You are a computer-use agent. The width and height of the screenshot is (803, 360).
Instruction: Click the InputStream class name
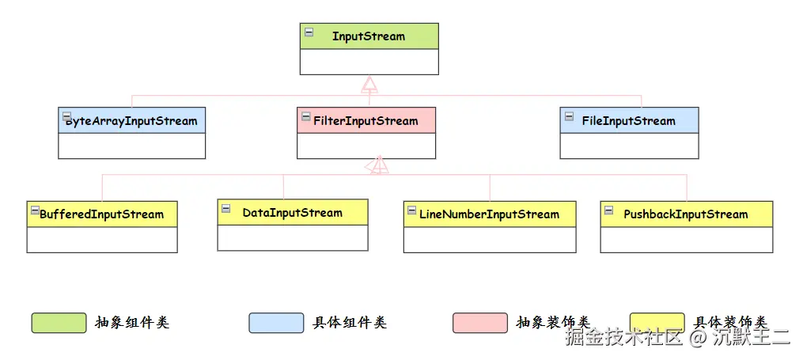coord(368,36)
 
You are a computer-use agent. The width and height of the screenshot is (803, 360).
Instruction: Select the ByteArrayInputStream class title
coord(131,121)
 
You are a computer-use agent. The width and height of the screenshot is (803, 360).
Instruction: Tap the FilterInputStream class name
coord(366,121)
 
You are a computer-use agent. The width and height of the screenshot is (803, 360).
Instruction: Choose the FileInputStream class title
coord(628,121)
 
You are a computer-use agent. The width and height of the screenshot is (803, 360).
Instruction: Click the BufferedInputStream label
coord(101,214)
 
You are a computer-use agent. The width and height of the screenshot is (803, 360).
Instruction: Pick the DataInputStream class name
coord(292,213)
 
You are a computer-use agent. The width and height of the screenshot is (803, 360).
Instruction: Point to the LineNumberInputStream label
coord(489,214)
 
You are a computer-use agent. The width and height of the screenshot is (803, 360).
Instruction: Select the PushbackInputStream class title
coord(685,214)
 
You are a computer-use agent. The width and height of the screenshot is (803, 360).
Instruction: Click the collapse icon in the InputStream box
coord(309,32)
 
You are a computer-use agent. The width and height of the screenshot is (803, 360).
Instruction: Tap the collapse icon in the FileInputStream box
coord(569,117)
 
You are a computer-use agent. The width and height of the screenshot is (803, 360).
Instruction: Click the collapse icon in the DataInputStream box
coord(226,209)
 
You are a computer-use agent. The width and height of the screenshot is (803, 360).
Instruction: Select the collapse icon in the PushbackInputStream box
coord(608,210)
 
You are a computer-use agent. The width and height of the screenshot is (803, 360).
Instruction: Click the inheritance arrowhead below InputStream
coord(369,85)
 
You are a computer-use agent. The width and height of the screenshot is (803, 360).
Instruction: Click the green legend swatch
coord(59,323)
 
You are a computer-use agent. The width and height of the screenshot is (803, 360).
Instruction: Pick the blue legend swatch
coord(276,323)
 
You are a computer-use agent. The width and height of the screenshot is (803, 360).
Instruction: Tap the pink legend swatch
coord(479,323)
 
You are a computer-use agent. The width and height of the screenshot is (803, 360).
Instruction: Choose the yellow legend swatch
coord(657,322)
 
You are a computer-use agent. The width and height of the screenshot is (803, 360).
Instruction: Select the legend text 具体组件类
coord(349,323)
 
